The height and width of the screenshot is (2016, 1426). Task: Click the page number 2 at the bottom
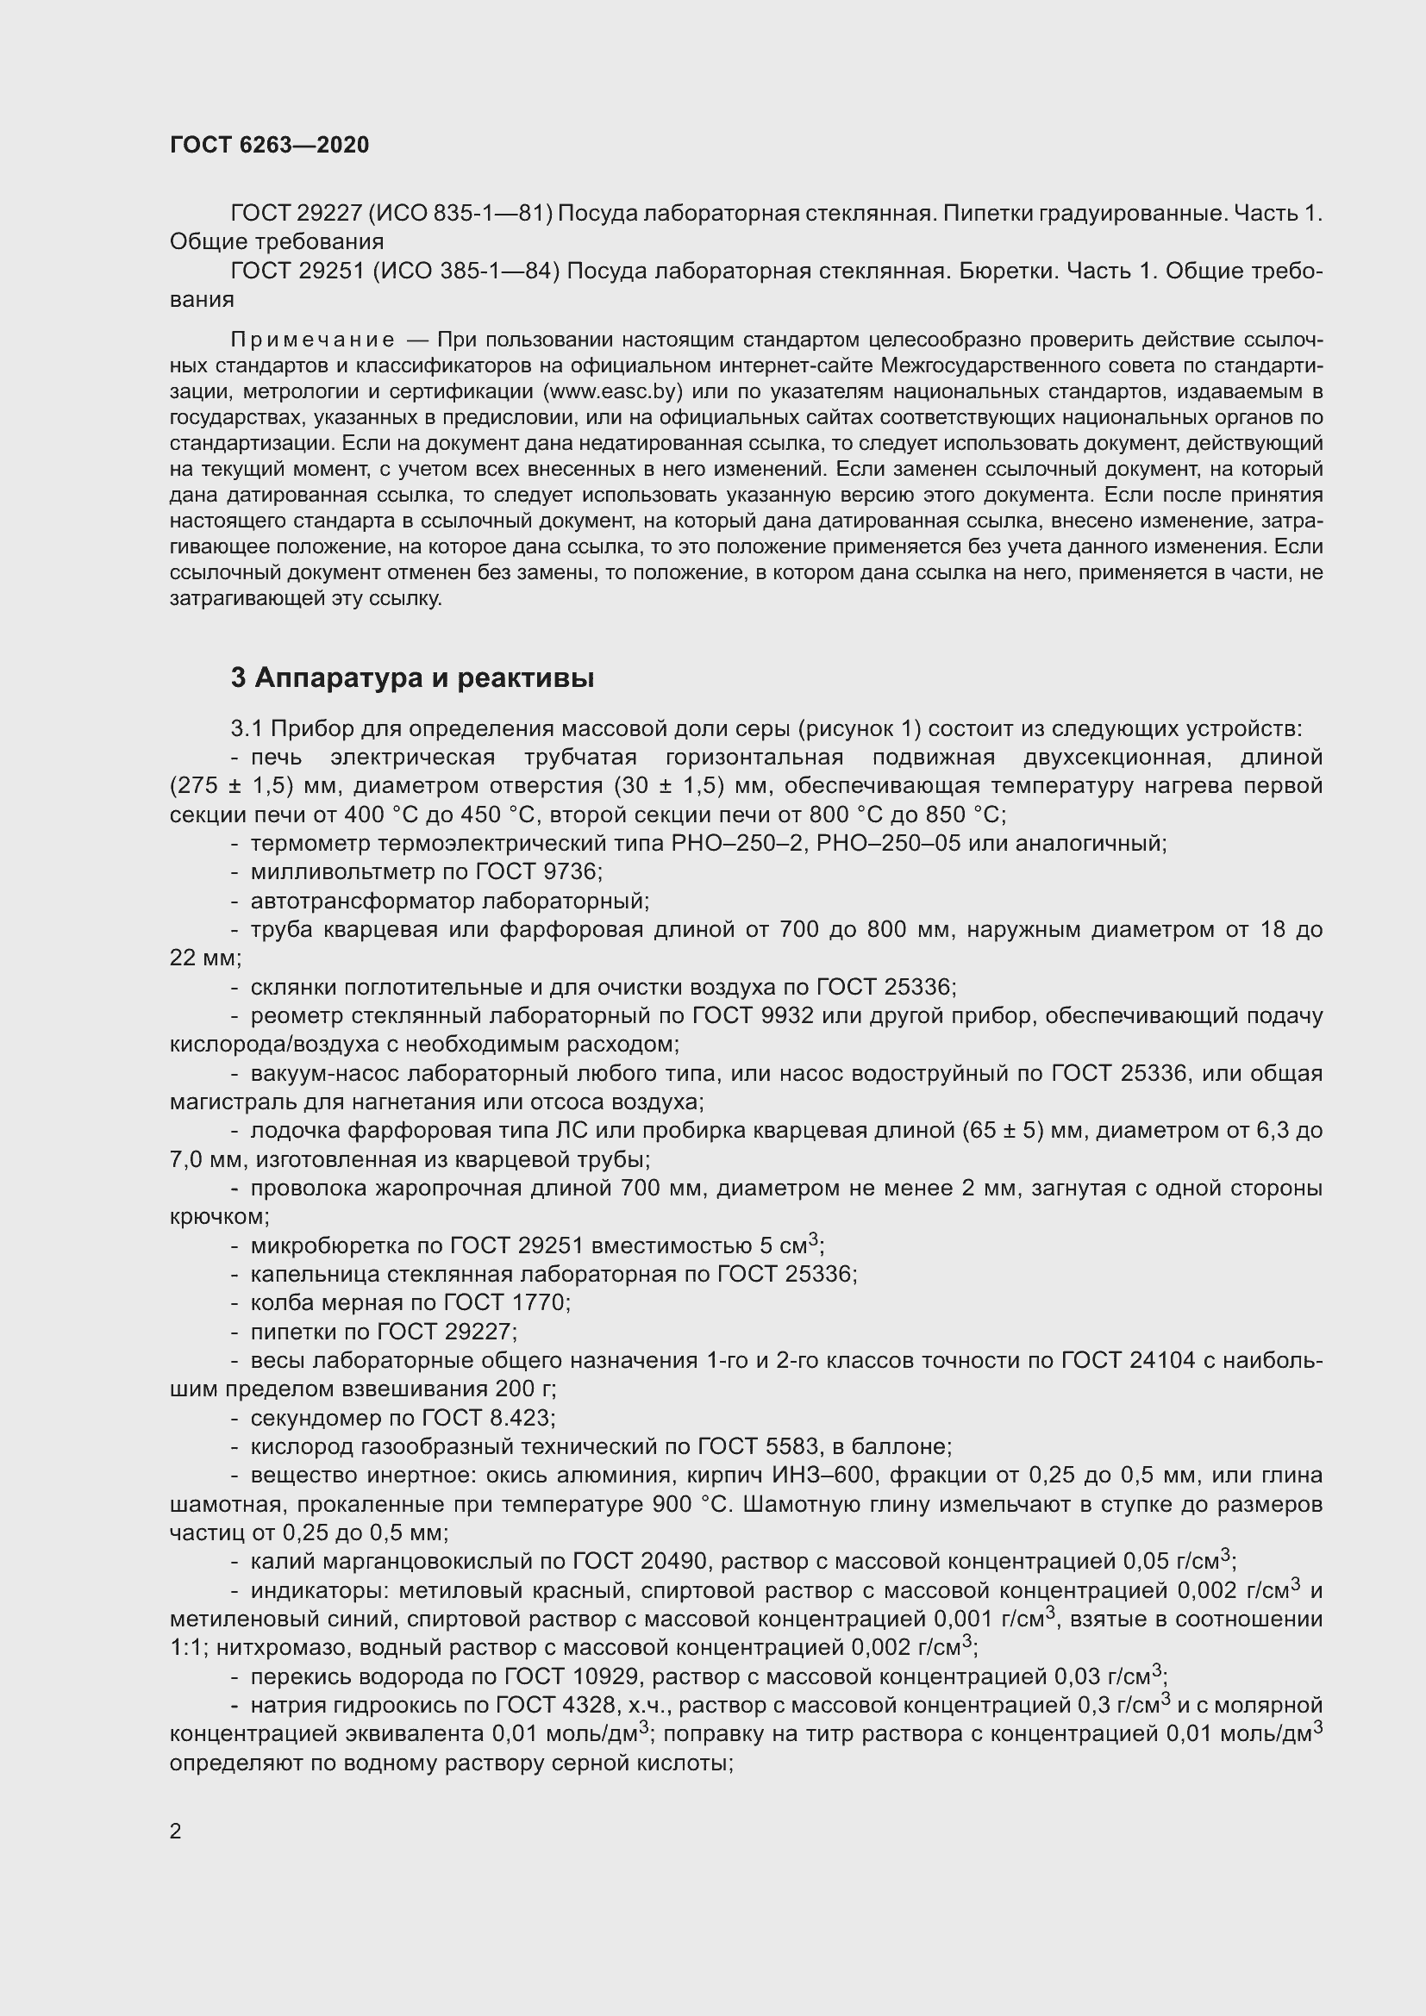(x=176, y=1831)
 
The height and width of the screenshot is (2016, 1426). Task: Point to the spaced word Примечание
(x=312, y=340)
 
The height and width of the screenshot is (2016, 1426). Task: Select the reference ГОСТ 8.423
(x=488, y=1418)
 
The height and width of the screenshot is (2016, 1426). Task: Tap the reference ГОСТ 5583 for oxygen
(x=762, y=1446)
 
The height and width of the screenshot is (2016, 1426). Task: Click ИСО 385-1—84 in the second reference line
(x=466, y=272)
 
